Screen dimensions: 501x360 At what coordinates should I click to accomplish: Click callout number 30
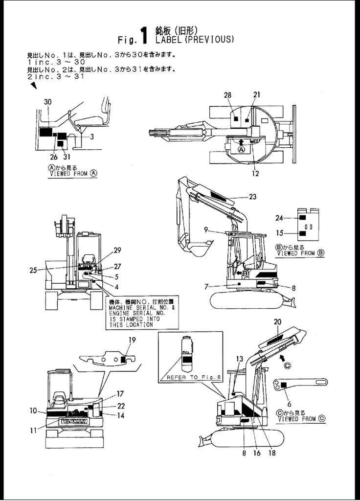click(47, 102)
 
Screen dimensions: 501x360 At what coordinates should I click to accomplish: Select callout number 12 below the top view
click(256, 173)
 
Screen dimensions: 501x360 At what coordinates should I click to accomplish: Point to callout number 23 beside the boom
click(252, 197)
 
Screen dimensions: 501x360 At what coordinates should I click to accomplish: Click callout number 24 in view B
click(279, 218)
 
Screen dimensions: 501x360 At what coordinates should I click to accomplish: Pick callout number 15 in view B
click(279, 233)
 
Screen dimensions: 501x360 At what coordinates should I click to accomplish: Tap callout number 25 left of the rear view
click(33, 270)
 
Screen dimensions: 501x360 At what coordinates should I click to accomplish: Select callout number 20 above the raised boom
click(277, 322)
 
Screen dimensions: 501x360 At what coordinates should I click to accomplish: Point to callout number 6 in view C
click(290, 404)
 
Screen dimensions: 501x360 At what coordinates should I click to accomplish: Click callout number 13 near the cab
click(239, 359)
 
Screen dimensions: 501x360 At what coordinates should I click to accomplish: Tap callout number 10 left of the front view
click(33, 410)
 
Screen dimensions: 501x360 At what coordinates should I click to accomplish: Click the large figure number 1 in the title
click(144, 35)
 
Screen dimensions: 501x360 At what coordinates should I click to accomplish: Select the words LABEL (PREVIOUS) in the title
click(194, 40)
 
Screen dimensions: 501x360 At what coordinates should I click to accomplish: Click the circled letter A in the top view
click(240, 149)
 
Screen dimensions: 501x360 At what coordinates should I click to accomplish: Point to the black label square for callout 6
click(284, 386)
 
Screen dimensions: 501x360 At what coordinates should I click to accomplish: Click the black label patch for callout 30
click(45, 132)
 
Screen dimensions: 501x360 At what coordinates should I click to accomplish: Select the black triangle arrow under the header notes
click(33, 86)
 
